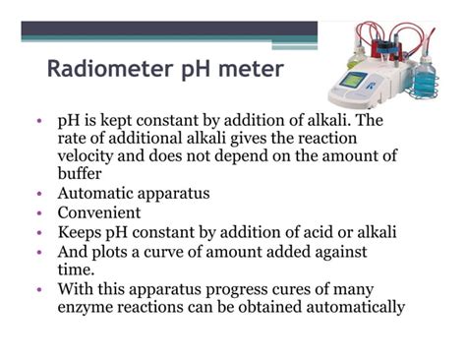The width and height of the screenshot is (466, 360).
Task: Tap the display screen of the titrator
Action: pyautogui.click(x=355, y=80)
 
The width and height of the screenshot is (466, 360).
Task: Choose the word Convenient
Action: pyautogui.click(x=99, y=213)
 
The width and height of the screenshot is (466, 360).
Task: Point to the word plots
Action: pyautogui.click(x=114, y=251)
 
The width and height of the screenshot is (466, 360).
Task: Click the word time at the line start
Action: pyautogui.click(x=76, y=269)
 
